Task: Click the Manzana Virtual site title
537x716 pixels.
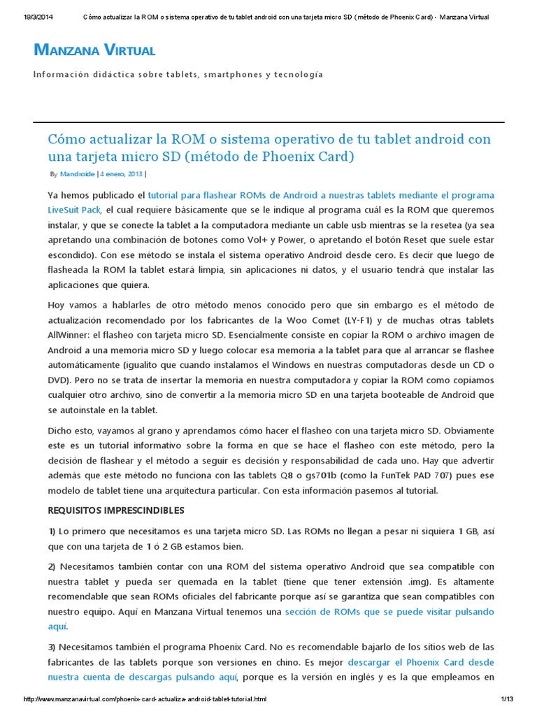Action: pos(94,50)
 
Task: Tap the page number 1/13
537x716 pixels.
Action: pos(506,699)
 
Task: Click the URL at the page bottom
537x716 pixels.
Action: pos(145,699)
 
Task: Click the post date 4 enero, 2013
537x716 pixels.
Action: pos(120,174)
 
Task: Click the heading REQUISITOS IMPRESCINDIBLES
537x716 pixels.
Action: pos(115,510)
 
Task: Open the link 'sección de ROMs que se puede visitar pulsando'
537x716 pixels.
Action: pos(389,612)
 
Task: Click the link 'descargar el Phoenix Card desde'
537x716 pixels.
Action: pos(421,661)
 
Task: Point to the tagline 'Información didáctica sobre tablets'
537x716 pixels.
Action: pos(178,74)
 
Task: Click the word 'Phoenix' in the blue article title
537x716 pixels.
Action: pos(293,157)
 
